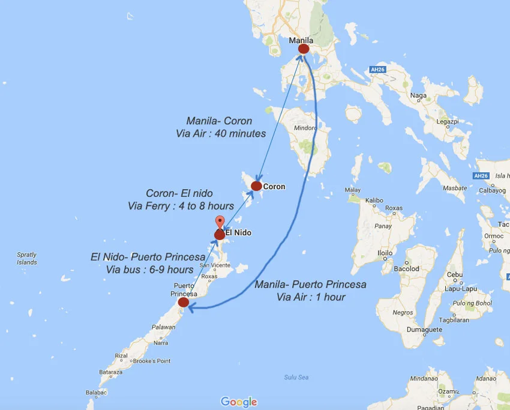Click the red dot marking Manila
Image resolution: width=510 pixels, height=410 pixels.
pos(304,49)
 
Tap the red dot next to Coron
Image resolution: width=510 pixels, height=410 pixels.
pos(256,186)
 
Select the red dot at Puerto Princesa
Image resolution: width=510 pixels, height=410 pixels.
pos(184,303)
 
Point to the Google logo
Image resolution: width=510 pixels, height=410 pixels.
pos(239,402)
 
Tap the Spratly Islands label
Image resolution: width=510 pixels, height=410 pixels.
pos(26,259)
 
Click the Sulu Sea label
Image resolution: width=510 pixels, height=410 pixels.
pos(296,377)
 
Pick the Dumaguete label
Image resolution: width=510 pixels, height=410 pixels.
pos(423,329)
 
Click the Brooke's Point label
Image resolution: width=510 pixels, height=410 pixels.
pos(152,361)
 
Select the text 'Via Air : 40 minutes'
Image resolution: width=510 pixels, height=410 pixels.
pos(221,133)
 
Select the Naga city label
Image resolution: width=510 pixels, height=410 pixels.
pos(418,95)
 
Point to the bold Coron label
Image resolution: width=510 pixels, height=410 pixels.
pos(274,187)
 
